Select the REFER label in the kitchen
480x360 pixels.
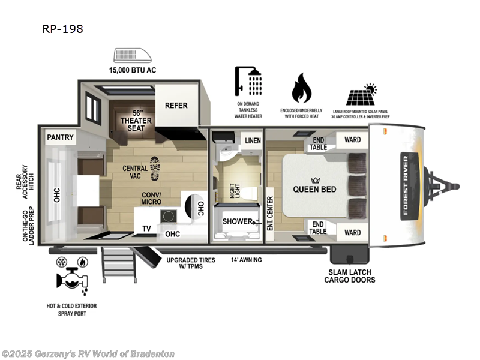click(176, 106)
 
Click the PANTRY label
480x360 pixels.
click(61, 137)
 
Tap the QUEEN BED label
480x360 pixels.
click(314, 189)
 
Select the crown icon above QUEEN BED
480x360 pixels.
click(314, 179)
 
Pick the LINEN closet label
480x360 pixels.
click(252, 140)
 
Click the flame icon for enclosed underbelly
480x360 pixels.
click(302, 89)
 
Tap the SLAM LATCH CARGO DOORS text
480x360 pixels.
click(350, 275)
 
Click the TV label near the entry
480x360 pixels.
click(146, 228)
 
